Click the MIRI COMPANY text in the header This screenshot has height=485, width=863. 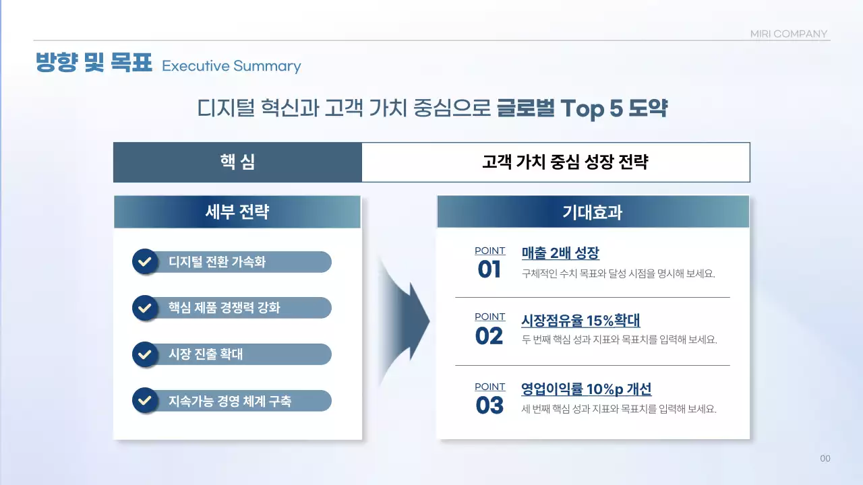click(x=788, y=34)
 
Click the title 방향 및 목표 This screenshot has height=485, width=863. click(x=93, y=63)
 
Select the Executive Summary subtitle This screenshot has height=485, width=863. click(x=231, y=66)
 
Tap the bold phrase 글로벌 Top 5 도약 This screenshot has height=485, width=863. click(x=582, y=108)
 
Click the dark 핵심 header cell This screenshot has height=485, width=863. click(x=237, y=162)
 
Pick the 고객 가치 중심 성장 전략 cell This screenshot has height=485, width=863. click(x=556, y=162)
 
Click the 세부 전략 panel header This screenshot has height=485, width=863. click(x=237, y=212)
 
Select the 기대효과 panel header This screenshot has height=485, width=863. click(x=593, y=212)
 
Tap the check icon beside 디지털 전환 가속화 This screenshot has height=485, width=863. click(x=144, y=262)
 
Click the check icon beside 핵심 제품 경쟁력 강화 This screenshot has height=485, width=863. click(x=144, y=309)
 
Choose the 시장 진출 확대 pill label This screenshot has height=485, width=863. click(x=206, y=354)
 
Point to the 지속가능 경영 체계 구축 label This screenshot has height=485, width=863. click(x=230, y=401)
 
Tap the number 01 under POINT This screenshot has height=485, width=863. click(x=489, y=269)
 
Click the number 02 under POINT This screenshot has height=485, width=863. click(x=489, y=335)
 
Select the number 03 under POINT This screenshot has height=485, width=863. click(x=489, y=406)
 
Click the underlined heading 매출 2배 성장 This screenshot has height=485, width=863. click(x=560, y=253)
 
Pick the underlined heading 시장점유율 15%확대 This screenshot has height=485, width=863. click(x=581, y=320)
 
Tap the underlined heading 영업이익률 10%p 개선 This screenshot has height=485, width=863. click(x=586, y=389)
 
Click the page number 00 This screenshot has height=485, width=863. click(x=825, y=459)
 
